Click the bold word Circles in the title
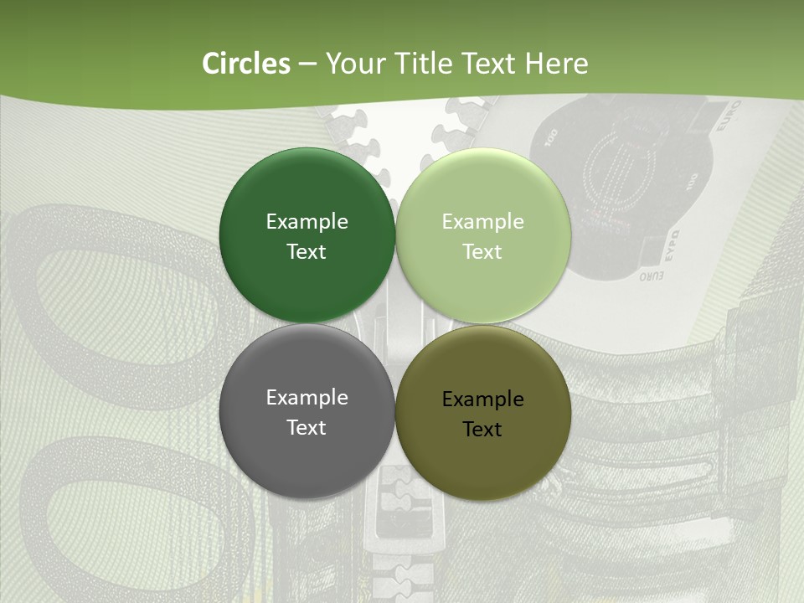pos(245,64)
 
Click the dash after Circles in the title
pos(307,64)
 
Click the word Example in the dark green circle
pos(307,222)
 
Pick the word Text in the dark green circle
pos(307,252)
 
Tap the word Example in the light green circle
pos(482,222)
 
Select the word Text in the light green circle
pos(482,252)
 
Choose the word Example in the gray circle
pos(307,398)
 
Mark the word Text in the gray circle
pos(307,428)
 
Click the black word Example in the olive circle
pos(482,399)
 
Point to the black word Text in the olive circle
pos(482,430)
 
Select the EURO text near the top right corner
pos(727,117)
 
